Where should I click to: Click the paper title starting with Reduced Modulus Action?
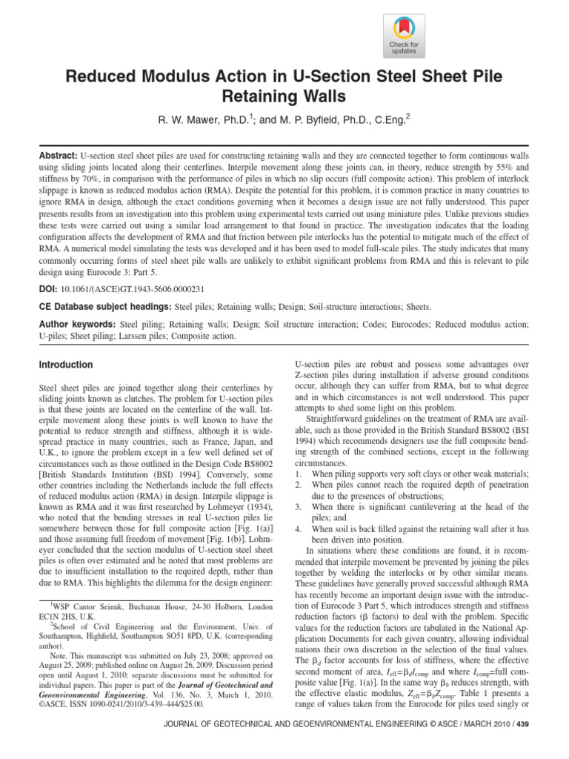284,85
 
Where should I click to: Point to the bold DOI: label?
48,285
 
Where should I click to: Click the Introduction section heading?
65,365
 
